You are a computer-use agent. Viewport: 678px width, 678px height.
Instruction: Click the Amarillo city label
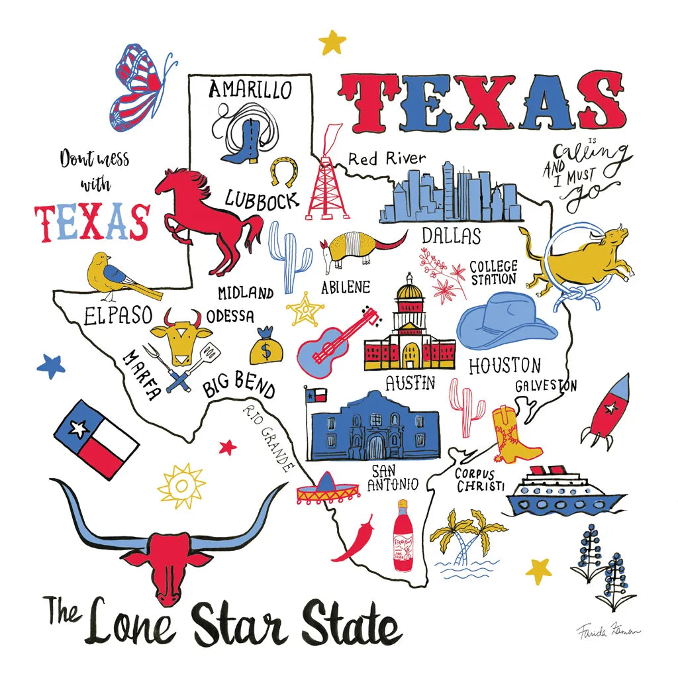250,89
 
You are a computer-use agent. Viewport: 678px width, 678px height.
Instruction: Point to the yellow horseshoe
283,170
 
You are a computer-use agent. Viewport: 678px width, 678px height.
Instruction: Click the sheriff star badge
305,309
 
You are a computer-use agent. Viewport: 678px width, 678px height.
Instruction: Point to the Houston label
505,365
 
